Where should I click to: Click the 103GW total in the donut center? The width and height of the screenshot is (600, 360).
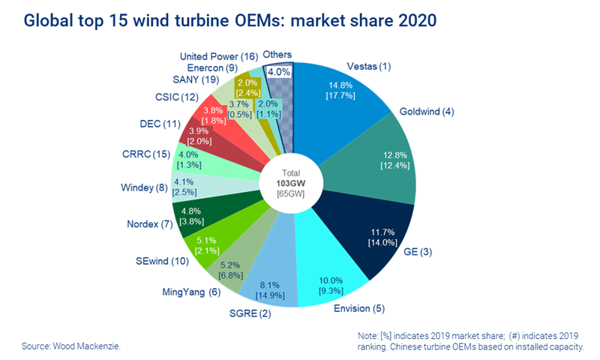293,182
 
